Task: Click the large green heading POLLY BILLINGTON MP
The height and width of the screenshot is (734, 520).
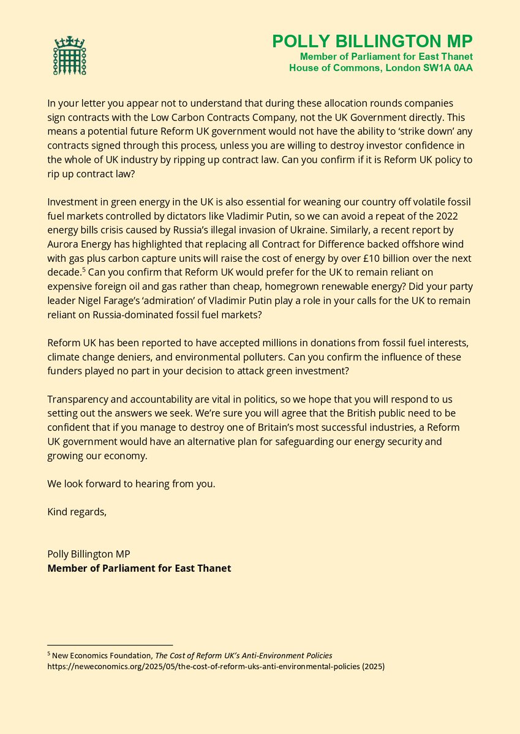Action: (372, 42)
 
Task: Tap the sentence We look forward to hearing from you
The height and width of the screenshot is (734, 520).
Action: (131, 483)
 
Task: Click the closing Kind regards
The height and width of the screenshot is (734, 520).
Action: (77, 512)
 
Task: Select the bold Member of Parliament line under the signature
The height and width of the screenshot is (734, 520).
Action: (139, 568)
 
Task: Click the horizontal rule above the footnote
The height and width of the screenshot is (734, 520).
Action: (110, 645)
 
